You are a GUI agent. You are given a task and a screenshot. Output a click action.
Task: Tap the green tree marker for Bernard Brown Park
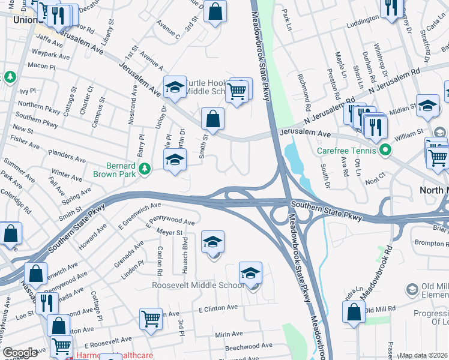coord(144,170)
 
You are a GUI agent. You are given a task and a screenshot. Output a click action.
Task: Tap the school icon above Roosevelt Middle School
coord(250,274)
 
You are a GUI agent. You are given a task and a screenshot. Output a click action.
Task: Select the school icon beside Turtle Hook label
coord(175,88)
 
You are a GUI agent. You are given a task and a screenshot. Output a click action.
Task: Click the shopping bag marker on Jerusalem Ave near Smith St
coord(212,119)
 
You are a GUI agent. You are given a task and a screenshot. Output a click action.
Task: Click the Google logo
coord(20,353)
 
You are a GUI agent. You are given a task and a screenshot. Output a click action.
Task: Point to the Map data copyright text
coord(424,355)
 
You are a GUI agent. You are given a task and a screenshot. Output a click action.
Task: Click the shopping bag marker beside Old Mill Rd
coord(354,313)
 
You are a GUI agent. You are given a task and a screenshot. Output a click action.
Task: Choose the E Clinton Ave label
coord(218,308)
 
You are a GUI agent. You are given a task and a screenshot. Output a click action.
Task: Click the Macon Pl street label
coord(41,65)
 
